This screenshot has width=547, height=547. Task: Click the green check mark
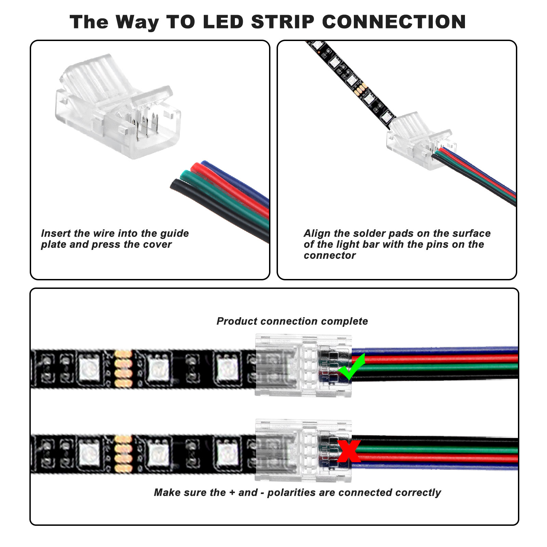click(x=351, y=368)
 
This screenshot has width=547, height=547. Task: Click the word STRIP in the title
click(x=282, y=22)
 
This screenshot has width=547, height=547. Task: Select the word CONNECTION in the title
click(x=394, y=22)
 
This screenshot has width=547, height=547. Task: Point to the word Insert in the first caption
click(x=56, y=234)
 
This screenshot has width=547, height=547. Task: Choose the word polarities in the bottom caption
click(x=292, y=493)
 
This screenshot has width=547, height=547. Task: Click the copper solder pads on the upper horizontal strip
click(x=123, y=369)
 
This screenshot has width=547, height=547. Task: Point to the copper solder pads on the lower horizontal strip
click(x=123, y=453)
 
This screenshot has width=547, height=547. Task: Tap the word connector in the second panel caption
click(x=330, y=256)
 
